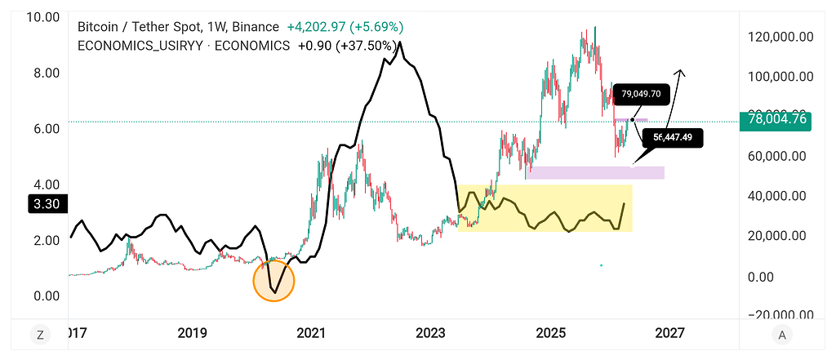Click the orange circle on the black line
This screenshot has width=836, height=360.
click(273, 280)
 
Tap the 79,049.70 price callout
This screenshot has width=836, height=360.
click(641, 93)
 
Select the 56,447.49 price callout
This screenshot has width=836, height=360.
click(672, 137)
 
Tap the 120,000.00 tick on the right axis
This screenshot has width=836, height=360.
click(781, 36)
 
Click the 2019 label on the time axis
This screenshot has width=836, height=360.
click(192, 333)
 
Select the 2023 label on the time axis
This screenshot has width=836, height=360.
click(430, 333)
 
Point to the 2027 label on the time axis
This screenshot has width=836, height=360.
click(669, 333)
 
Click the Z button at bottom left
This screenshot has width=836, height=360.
click(38, 333)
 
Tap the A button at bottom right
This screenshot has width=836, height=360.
click(782, 333)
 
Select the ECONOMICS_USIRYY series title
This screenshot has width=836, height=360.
click(141, 46)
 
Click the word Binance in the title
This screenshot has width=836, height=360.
click(252, 27)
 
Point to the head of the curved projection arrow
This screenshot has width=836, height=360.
click(683, 73)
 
